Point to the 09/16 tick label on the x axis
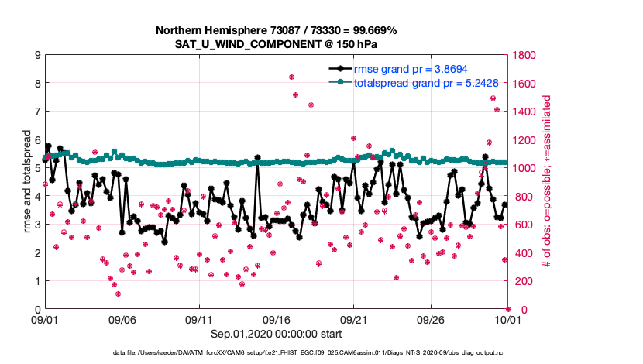pos(277,319)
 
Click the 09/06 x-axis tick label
pos(122,319)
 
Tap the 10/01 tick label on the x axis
pos(508,319)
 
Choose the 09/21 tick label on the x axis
pos(353,319)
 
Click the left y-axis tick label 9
pos(36,55)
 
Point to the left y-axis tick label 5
pos(36,168)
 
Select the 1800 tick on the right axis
pos(527,55)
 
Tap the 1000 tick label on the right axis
pos(527,168)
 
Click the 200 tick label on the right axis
pos(524,281)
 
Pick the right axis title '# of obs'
pos(547,182)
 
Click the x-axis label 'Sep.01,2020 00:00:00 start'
pos(276,334)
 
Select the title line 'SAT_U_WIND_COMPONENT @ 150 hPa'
pos(276,44)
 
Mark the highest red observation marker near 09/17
pos(291,77)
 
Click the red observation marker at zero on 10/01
pos(508,309)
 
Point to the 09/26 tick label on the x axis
pos(431,319)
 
